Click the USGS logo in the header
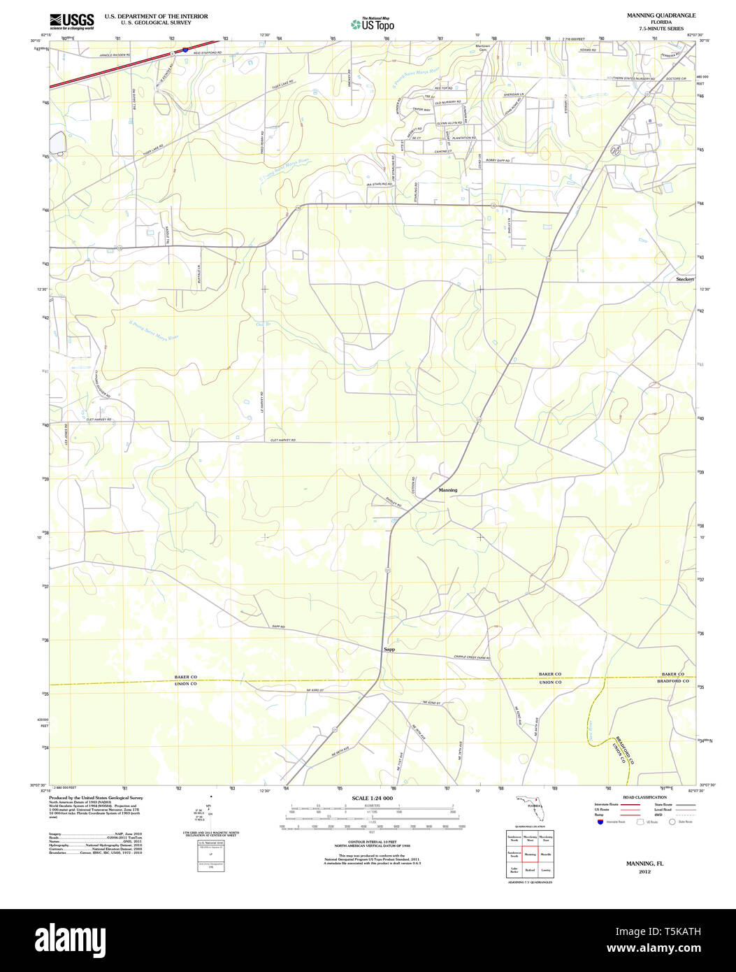(x=71, y=21)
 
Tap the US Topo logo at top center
(x=373, y=24)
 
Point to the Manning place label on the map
(x=448, y=490)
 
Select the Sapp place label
(x=389, y=650)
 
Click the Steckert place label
(x=685, y=279)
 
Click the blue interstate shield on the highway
(x=185, y=50)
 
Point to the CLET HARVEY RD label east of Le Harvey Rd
(x=283, y=440)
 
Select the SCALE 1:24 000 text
(x=372, y=799)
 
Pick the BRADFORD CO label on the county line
(x=675, y=681)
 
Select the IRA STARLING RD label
(x=378, y=184)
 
